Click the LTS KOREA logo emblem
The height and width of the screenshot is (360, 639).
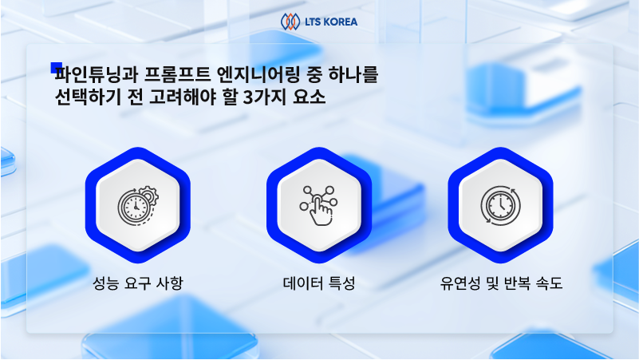pos(290,21)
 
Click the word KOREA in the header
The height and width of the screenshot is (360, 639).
pos(341,21)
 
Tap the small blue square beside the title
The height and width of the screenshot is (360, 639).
pos(56,68)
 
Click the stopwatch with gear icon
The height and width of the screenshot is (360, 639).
pos(137,206)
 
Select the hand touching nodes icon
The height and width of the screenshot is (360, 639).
pos(318,206)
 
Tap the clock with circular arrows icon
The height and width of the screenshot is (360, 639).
pos(500,206)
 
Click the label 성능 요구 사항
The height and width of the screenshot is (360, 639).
pos(137,283)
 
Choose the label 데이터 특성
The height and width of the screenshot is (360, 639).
pos(318,283)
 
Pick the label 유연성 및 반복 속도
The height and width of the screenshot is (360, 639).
pos(500,283)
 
